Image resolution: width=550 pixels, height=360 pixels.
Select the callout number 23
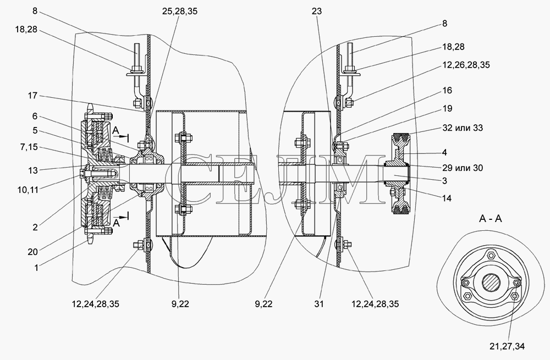pyautogui.click(x=316, y=11)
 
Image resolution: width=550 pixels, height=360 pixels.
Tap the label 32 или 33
pyautogui.click(x=463, y=128)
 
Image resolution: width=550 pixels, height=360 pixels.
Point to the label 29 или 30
pyautogui.click(x=463, y=168)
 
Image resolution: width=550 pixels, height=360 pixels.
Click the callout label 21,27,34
pyautogui.click(x=507, y=346)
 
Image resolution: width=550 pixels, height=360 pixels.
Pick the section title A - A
pyautogui.click(x=491, y=219)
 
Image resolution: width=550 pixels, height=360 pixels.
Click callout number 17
pyautogui.click(x=32, y=95)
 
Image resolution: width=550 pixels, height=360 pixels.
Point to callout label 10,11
pyautogui.click(x=28, y=190)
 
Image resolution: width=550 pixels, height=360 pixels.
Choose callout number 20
pyautogui.click(x=32, y=252)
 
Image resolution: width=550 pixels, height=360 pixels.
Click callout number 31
pyautogui.click(x=318, y=304)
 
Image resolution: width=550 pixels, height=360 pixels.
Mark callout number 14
pyautogui.click(x=447, y=198)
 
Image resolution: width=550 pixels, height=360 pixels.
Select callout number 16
pyautogui.click(x=447, y=91)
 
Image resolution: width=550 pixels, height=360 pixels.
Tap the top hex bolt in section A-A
pyautogui.click(x=491, y=254)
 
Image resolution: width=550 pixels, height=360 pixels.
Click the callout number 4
pyautogui.click(x=444, y=152)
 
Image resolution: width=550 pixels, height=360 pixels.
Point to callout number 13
pyautogui.click(x=32, y=170)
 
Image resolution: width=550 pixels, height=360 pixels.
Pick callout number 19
pyautogui.click(x=447, y=109)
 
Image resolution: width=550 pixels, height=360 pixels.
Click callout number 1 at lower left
pyautogui.click(x=36, y=268)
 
